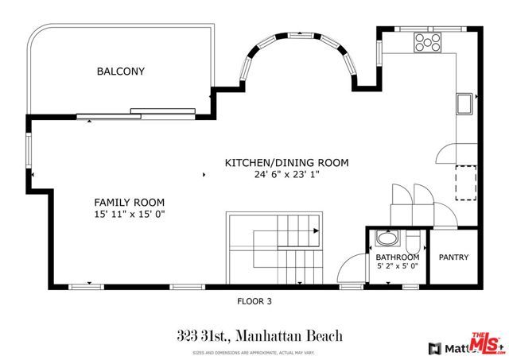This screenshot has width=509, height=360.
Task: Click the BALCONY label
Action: pyautogui.click(x=121, y=72)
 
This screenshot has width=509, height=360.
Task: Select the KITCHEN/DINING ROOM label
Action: pyautogui.click(x=287, y=162)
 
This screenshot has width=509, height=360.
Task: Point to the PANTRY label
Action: pyautogui.click(x=453, y=257)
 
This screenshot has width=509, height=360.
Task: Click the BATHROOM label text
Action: pyautogui.click(x=397, y=257)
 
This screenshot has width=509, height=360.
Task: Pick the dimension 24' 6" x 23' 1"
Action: pyautogui.click(x=286, y=175)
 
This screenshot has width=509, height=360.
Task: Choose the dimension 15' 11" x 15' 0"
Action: pyautogui.click(x=133, y=215)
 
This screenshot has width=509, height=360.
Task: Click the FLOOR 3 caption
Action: pyautogui.click(x=254, y=301)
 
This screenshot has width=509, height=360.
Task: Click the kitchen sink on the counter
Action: pyautogui.click(x=465, y=102)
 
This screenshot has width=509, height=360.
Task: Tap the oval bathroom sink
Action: pyautogui.click(x=387, y=238)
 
